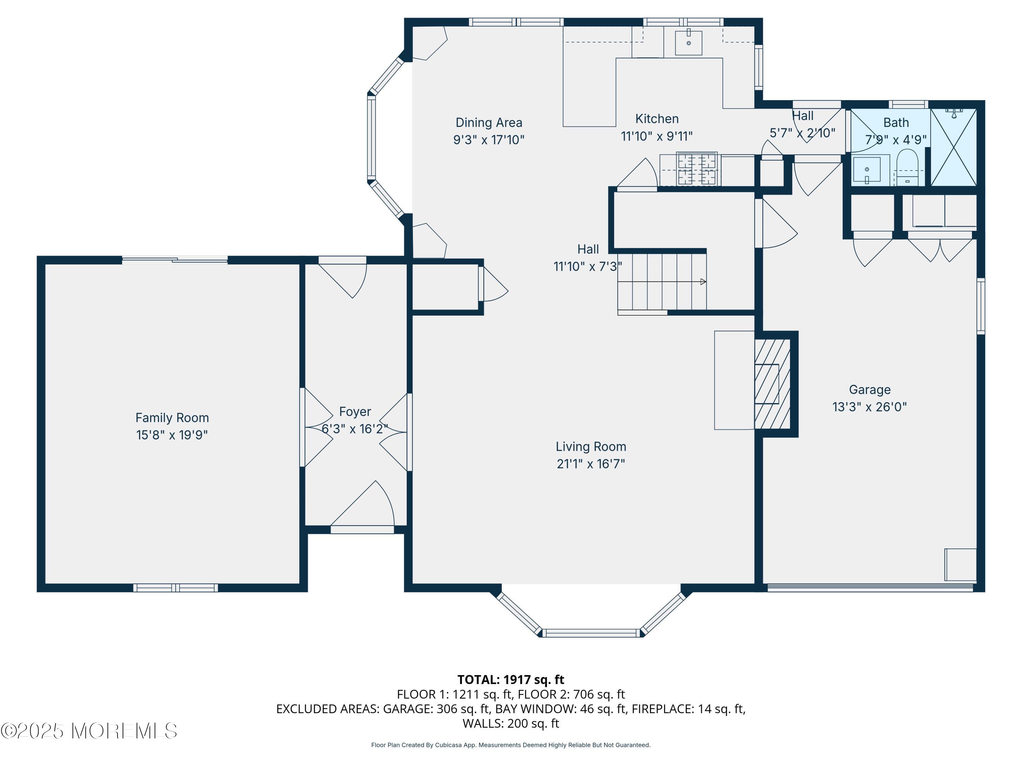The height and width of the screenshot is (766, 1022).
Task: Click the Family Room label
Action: point(172,418)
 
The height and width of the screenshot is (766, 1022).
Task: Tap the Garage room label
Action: point(869,390)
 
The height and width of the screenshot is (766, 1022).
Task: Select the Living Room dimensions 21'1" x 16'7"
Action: point(591,464)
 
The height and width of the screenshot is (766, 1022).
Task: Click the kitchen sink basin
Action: point(688,43)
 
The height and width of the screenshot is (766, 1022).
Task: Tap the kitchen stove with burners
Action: point(697,169)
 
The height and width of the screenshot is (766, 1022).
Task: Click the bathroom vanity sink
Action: point(867,170)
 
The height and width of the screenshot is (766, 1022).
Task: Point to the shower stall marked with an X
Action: point(954,147)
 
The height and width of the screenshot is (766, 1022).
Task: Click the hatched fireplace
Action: point(772,384)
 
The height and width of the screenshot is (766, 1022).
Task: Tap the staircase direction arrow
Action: point(703,282)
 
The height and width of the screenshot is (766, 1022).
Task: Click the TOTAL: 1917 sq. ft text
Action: point(511,680)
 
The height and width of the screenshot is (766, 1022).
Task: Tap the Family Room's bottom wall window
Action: point(175,588)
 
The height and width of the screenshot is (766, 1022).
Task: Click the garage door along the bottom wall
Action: point(870,588)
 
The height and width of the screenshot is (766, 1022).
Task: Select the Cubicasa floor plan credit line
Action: point(511,745)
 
